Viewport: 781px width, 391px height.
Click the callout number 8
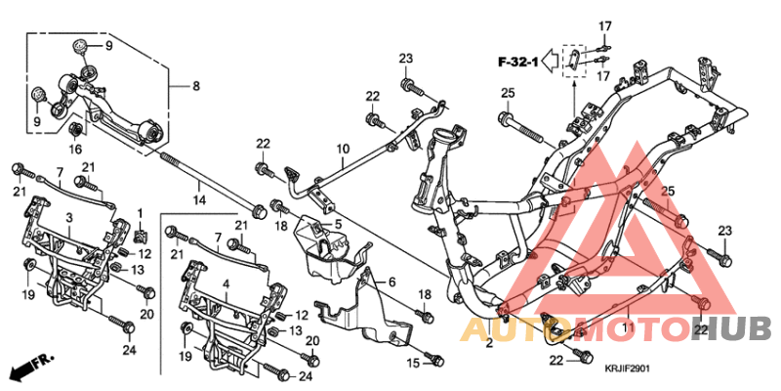[195, 87]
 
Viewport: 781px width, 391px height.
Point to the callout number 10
[343, 150]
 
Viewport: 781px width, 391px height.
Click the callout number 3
[68, 217]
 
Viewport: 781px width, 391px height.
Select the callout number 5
[339, 225]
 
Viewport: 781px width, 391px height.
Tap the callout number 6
[392, 282]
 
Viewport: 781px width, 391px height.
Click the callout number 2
[489, 344]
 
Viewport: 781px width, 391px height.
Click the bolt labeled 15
[436, 362]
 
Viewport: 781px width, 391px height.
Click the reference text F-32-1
[517, 63]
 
